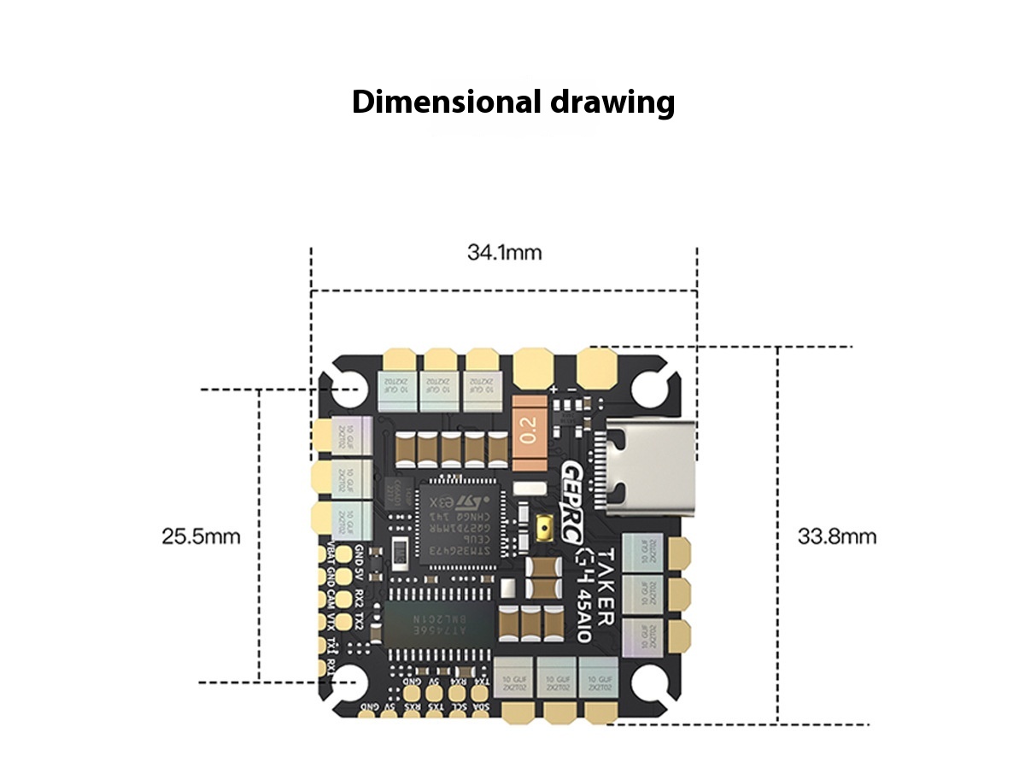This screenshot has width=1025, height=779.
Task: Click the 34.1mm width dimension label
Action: [x=504, y=253]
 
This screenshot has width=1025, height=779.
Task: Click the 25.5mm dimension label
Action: [x=201, y=537]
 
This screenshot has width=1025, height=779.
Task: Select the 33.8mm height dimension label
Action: [x=836, y=537]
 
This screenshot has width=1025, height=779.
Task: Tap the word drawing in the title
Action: [x=610, y=102]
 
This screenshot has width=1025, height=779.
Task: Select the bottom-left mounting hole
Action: [x=351, y=682]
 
